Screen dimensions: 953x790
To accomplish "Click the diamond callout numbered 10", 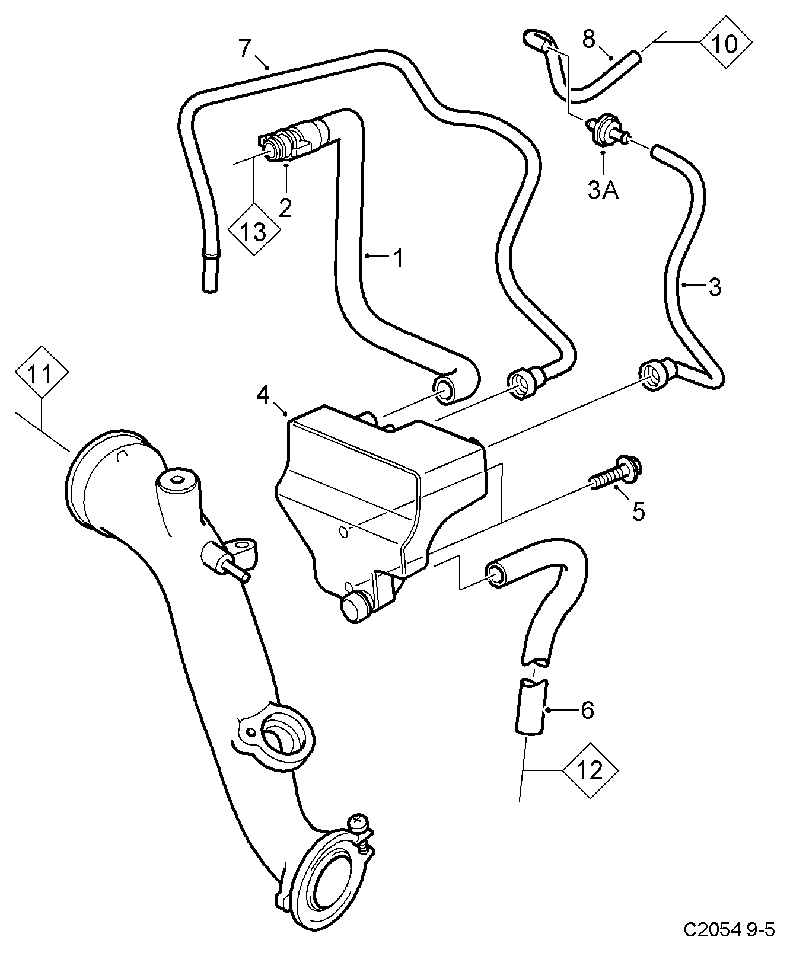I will pos(725,43).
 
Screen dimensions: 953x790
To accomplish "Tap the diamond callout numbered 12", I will pos(590,770).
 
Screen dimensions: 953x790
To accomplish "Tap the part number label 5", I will pos(638,510).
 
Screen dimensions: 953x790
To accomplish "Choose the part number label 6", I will pos(587,709).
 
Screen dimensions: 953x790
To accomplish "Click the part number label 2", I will pos(285,207).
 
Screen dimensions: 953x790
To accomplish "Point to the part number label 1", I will pos(398,257).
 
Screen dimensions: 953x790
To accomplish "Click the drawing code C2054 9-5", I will pos(729,929).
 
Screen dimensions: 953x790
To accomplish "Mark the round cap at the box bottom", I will pos(355,609).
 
